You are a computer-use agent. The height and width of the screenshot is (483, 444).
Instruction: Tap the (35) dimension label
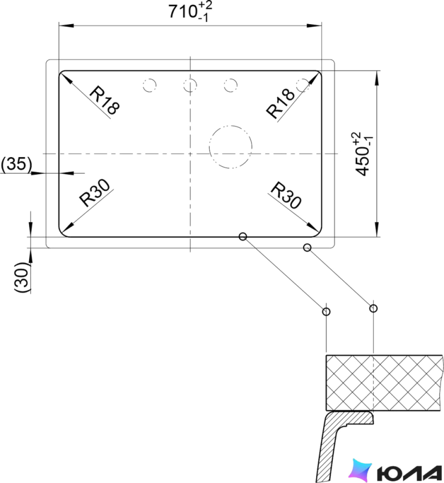click(16, 164)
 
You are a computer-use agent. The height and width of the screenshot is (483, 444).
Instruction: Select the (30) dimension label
click(23, 277)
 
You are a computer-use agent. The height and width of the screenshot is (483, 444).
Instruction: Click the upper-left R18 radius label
click(104, 101)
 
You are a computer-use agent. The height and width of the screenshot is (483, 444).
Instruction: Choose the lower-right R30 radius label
click(285, 195)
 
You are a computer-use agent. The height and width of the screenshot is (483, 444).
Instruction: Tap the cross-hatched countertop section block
click(385, 383)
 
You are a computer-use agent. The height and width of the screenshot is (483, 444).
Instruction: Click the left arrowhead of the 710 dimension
click(66, 25)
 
